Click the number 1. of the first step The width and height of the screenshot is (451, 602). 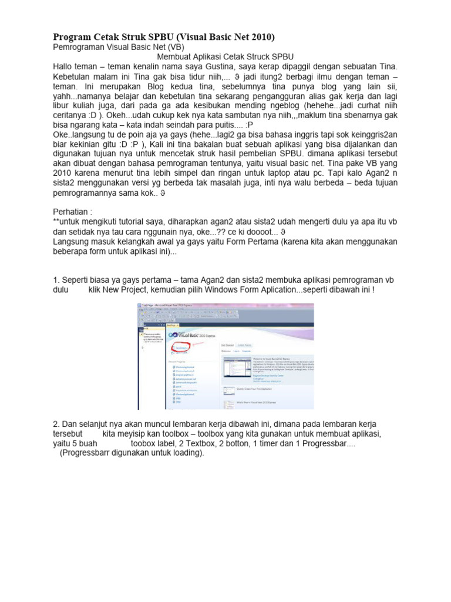coord(56,280)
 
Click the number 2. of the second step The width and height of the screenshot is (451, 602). coord(56,424)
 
